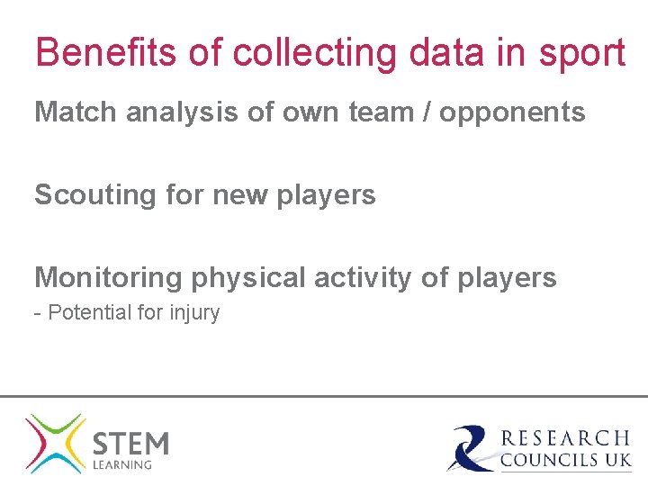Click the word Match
point(76,112)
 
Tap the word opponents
point(512,114)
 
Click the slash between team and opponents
point(422,112)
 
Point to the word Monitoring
point(108,278)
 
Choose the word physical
point(247,279)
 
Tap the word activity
point(364,278)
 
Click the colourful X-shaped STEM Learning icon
point(55,443)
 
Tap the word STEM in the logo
point(130,444)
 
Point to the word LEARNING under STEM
point(122,465)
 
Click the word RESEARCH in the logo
point(565,438)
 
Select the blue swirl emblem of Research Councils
point(471,448)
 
